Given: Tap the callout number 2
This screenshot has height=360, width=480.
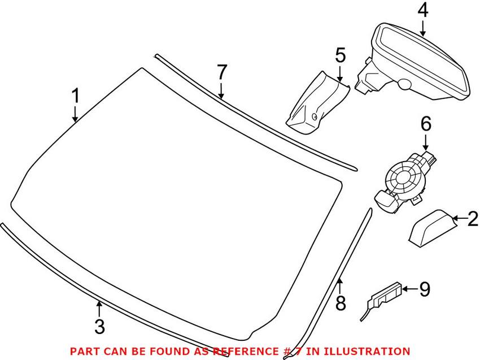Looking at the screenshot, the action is [x=472, y=218].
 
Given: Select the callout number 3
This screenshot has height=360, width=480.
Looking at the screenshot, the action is [x=99, y=326].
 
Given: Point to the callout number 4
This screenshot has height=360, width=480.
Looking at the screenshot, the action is [x=424, y=11].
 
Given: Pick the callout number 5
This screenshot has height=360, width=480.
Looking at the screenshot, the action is [x=340, y=55].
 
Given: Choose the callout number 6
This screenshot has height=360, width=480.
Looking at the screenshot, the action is [x=425, y=123].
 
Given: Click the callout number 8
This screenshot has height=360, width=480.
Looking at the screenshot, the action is [x=340, y=304].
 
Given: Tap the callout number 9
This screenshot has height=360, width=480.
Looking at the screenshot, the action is [x=424, y=290].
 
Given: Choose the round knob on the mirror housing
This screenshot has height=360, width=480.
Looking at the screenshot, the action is [x=404, y=84].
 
